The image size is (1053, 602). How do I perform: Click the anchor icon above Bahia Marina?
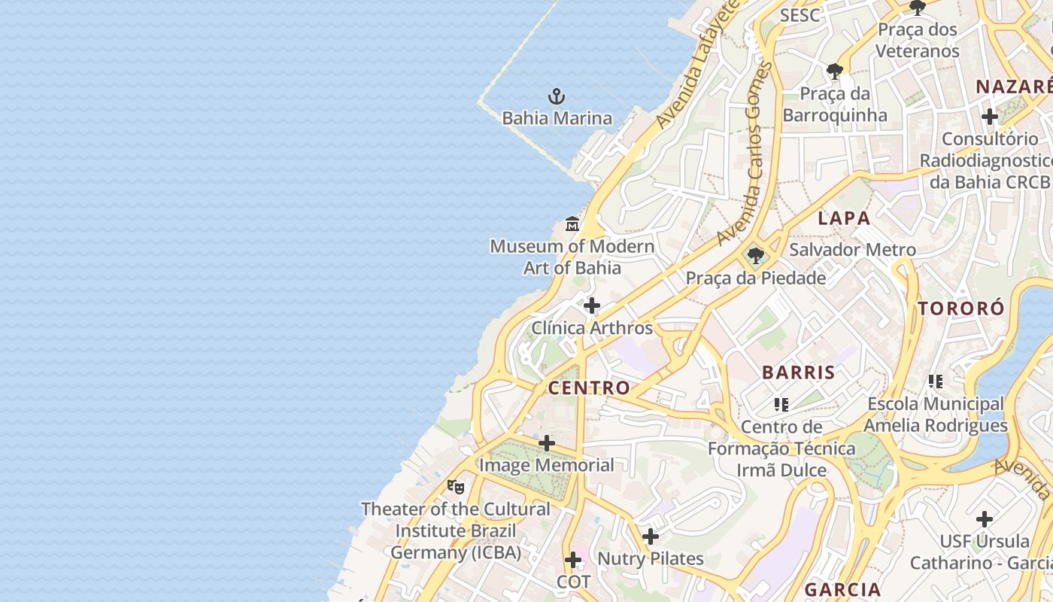coord(557,96)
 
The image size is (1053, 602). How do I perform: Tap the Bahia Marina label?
coord(557,118)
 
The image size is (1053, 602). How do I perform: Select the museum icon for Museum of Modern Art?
coord(572,223)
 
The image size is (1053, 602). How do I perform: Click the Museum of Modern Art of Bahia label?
coord(572,257)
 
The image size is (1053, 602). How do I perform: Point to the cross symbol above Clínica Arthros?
coord(592,306)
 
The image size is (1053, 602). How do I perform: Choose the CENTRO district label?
coord(589,388)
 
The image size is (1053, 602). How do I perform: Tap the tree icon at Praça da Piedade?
coord(755,257)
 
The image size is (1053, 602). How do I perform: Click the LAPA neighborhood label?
coord(844,219)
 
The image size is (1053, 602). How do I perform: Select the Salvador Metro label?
coord(852,250)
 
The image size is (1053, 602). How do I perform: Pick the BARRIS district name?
coord(799,372)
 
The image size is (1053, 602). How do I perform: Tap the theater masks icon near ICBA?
coord(456,487)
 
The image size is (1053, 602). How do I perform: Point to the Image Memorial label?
coord(547,465)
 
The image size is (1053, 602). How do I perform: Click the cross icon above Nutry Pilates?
coord(651,537)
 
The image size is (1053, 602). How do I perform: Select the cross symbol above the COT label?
coord(573,560)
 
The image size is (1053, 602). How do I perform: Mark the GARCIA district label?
coord(842,589)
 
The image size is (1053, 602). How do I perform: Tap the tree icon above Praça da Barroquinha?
coord(834,71)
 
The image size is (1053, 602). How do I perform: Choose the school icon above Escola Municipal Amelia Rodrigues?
coord(936,382)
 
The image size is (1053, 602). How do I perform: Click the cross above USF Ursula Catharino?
coord(985,519)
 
